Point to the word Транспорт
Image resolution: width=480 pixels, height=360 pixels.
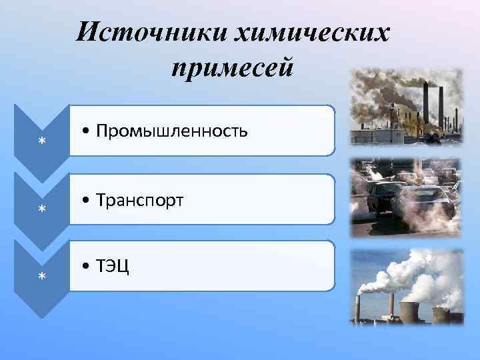(x=139, y=199)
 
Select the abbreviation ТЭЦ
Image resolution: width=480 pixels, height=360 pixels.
(x=113, y=266)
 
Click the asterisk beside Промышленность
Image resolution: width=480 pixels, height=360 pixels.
(x=41, y=142)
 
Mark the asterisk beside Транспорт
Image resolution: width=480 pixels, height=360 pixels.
(x=41, y=209)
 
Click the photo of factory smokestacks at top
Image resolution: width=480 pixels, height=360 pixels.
(x=406, y=107)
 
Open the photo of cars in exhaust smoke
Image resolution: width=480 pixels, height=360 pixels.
(x=406, y=198)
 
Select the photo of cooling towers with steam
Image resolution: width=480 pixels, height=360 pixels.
(x=407, y=287)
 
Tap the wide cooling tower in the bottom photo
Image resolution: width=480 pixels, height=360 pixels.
(x=410, y=311)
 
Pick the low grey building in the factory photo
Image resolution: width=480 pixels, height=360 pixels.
(x=380, y=137)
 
